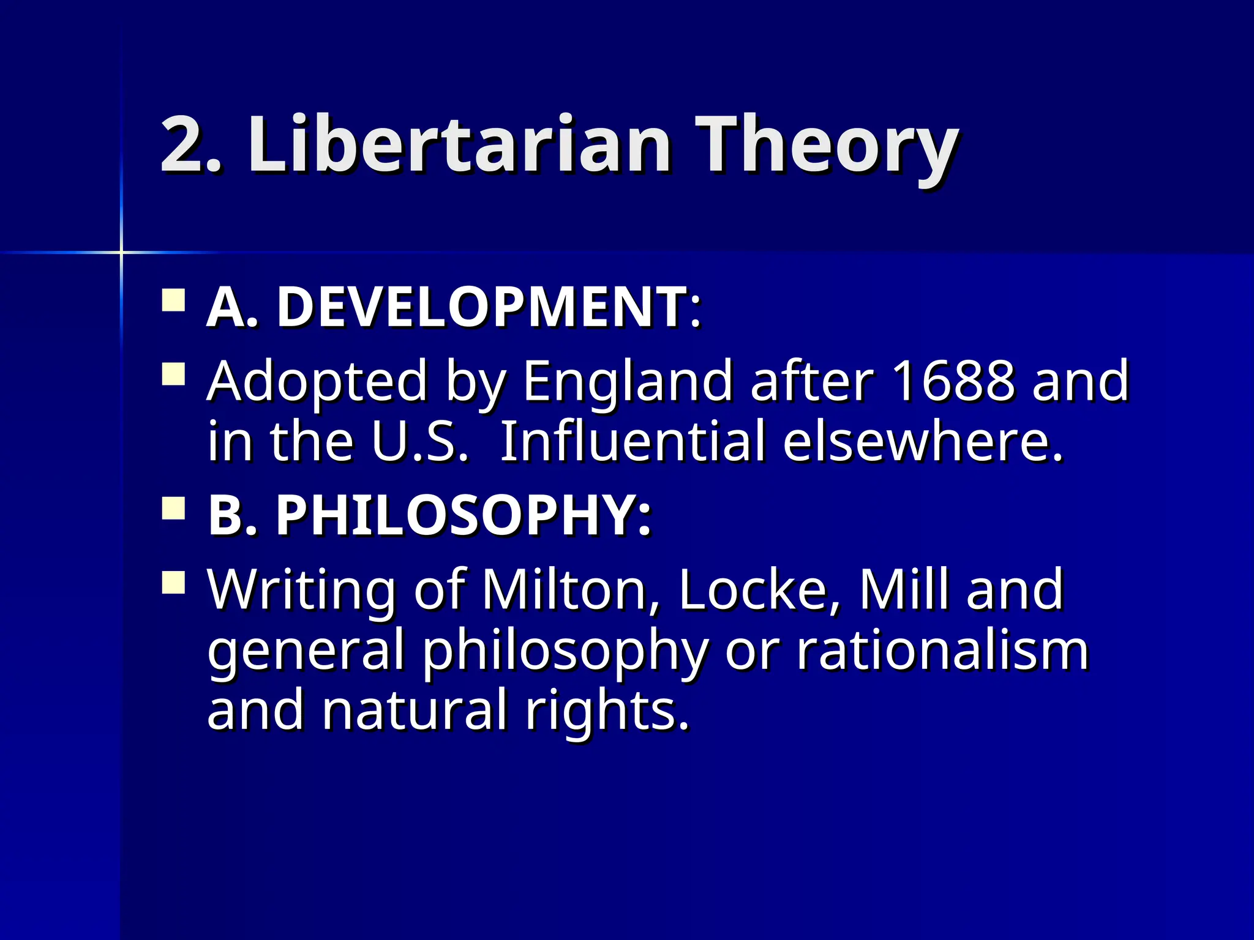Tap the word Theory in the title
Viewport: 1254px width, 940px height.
tap(827, 147)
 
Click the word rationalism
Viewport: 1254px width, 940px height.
tap(943, 650)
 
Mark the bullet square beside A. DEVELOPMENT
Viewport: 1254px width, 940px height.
tap(174, 301)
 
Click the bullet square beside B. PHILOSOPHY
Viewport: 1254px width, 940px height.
tap(174, 509)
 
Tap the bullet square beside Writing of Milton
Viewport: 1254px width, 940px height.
tap(174, 582)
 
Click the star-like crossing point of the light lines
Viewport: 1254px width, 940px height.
tap(121, 252)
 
